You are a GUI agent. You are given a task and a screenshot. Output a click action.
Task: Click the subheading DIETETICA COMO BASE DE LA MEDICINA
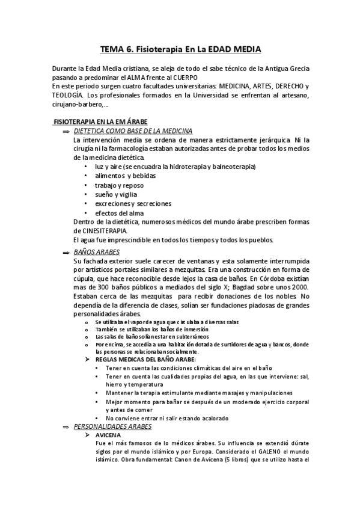coord(133,131)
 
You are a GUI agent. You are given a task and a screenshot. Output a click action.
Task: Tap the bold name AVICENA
coord(108,435)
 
